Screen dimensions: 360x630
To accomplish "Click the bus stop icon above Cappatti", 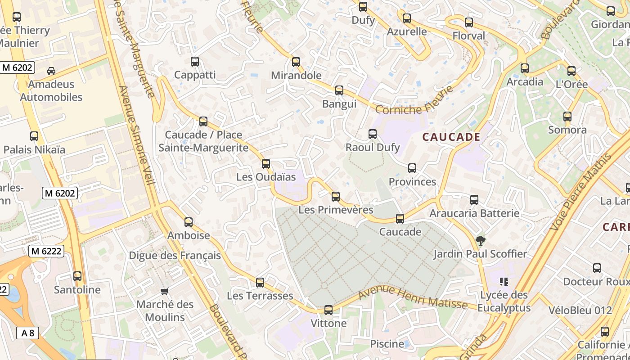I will point(195,62).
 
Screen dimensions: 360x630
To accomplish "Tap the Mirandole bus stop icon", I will point(296,62).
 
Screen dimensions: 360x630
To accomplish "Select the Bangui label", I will point(339,104).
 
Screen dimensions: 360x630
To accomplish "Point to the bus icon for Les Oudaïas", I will point(266,164).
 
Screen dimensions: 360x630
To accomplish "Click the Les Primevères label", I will point(336,210).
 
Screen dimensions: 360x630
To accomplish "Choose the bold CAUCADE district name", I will point(451,137).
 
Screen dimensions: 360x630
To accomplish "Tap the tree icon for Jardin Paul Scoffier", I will point(481,241).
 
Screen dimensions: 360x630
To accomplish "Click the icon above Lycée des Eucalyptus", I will point(504,282).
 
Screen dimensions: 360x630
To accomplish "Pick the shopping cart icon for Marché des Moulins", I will point(165,291).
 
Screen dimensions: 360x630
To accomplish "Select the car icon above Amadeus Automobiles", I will point(51,71).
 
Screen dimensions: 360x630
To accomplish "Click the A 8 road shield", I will point(27,333).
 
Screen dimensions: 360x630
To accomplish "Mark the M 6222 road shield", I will point(46,251).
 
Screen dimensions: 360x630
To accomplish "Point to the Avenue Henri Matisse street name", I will point(413,297).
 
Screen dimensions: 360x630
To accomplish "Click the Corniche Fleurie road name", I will point(414,101).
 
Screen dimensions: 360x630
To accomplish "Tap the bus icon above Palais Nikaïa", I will point(34,136).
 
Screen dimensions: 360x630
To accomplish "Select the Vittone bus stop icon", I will point(328,310).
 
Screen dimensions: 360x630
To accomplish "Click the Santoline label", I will point(77,290).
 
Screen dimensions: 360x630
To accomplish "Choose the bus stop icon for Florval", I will point(469,22).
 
